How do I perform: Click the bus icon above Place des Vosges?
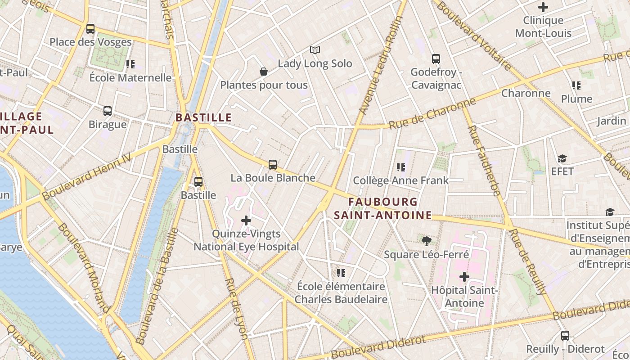(90, 29)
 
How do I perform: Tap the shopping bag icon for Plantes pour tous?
(264, 72)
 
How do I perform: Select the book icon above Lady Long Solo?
(315, 50)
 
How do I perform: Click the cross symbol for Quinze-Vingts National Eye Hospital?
(246, 220)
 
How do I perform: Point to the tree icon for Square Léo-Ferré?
(426, 241)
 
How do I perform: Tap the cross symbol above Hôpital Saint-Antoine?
(464, 277)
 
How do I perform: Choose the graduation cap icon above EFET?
(562, 158)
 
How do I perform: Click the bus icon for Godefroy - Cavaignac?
(436, 59)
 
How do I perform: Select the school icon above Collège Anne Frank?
(401, 167)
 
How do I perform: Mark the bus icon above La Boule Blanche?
(273, 165)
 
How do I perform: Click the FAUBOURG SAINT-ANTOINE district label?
(382, 209)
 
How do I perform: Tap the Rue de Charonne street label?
(432, 113)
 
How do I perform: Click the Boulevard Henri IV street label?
(86, 176)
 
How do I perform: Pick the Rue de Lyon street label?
(236, 308)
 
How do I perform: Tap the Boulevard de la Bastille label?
(157, 286)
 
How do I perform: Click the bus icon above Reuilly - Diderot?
(565, 336)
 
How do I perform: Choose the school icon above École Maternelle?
(130, 64)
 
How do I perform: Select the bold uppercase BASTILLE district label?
(203, 118)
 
